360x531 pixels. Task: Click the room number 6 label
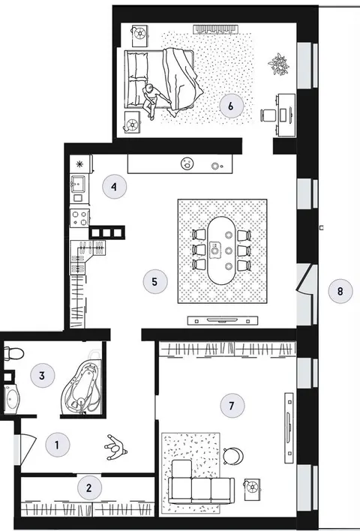tap(231, 106)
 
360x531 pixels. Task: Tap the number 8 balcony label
tap(340, 291)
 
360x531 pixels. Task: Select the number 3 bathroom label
tap(42, 376)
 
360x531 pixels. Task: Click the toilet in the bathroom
tap(13, 353)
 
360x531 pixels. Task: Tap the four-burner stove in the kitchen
tap(80, 217)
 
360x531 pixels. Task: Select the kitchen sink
tap(79, 185)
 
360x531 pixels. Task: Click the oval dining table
tap(222, 250)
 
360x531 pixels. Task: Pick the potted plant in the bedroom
tap(279, 64)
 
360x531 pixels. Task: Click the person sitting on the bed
tap(151, 100)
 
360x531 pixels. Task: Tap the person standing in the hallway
tap(115, 448)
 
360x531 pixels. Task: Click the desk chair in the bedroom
tap(268, 115)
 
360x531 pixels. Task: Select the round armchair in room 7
tap(234, 454)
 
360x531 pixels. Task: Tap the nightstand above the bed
tap(139, 35)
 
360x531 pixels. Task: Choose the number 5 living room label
tap(155, 282)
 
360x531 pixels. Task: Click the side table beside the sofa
tap(252, 487)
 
